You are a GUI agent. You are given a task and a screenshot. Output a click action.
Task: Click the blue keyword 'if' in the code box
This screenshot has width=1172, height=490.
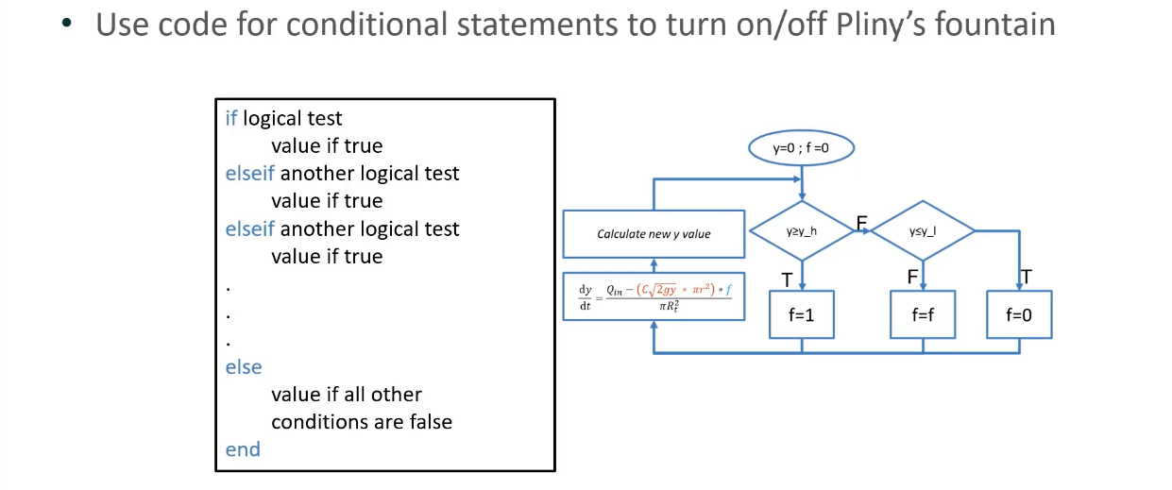tap(232, 119)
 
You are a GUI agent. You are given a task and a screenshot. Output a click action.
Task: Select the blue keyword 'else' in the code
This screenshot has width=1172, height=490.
tap(244, 366)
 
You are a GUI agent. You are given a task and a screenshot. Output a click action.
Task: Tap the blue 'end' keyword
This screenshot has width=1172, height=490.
tap(243, 449)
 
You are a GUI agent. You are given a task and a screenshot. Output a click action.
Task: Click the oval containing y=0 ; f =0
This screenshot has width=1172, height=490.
tap(801, 148)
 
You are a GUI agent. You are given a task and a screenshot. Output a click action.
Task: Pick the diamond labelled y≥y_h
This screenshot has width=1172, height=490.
tap(801, 230)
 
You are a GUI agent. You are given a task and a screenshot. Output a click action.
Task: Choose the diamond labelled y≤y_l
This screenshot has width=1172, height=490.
tap(922, 230)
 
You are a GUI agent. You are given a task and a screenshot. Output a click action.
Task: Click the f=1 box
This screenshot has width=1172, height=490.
tap(802, 315)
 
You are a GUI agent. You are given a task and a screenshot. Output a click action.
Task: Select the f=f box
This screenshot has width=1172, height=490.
tap(923, 315)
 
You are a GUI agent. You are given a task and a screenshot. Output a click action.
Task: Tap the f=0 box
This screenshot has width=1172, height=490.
tap(1019, 315)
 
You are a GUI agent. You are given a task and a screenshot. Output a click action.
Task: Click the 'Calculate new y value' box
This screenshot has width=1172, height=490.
tap(654, 234)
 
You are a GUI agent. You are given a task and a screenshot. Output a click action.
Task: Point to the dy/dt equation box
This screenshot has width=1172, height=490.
tap(654, 296)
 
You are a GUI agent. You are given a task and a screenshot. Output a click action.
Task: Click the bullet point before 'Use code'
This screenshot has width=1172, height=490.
tap(66, 25)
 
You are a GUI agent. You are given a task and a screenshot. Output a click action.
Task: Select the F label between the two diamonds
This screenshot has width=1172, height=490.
tap(861, 223)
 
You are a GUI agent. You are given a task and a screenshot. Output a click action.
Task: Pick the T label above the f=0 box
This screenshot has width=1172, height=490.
tap(1026, 277)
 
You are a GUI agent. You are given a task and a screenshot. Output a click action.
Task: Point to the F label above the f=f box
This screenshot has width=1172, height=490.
tap(912, 277)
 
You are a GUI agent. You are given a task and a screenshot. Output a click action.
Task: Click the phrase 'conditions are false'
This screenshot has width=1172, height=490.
tap(361, 422)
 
